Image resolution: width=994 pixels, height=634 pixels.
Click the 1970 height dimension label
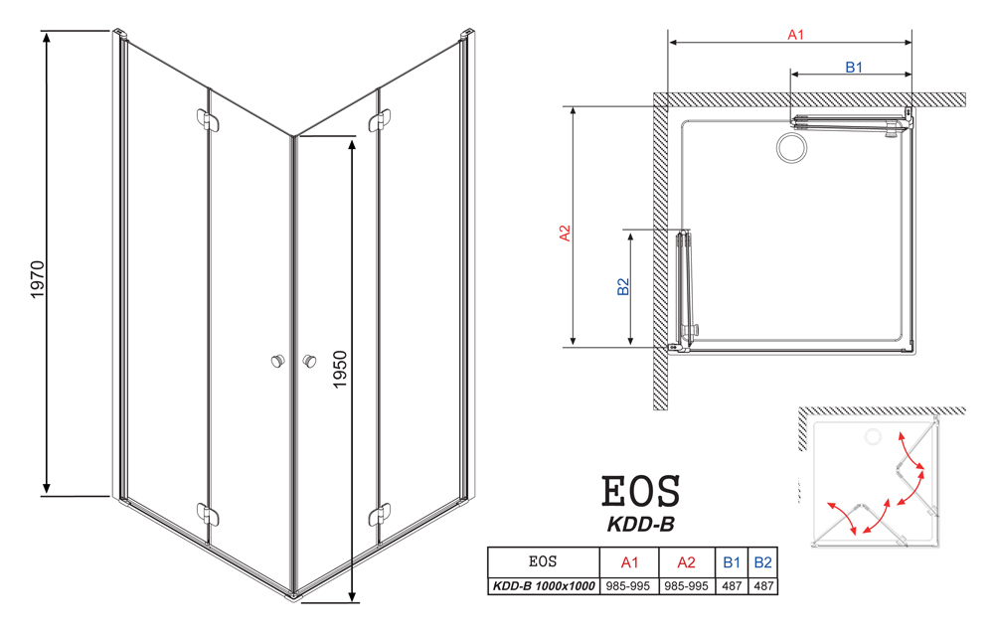(x=38, y=279)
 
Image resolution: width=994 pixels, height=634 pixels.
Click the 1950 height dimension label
(x=340, y=369)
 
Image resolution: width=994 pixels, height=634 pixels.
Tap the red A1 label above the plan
(x=795, y=35)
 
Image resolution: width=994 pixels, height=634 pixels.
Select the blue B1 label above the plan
(x=854, y=68)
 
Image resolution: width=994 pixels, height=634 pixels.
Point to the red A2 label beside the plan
(x=565, y=234)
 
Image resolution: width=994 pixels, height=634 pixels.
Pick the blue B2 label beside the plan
(x=624, y=286)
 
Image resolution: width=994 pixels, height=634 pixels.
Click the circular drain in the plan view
(x=792, y=148)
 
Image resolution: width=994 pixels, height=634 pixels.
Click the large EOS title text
(x=640, y=491)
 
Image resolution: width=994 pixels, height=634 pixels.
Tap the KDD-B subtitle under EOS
(x=640, y=525)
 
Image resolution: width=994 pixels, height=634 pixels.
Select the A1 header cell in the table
(x=629, y=562)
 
